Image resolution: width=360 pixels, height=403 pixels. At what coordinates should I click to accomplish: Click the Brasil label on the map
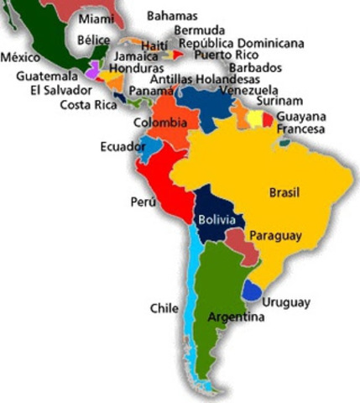point(284,192)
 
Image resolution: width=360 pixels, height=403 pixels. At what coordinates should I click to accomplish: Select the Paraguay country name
point(275,236)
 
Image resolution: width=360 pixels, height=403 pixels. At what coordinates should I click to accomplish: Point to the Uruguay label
point(285,302)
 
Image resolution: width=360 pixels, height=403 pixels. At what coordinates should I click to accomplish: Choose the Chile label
point(164,308)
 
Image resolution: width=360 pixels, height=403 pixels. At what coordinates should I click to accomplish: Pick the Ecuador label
point(118,145)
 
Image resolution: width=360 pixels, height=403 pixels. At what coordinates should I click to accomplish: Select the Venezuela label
point(248,90)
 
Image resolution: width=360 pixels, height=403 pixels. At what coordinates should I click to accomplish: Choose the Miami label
point(97,18)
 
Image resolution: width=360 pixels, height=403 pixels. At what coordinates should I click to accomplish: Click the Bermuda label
point(199,30)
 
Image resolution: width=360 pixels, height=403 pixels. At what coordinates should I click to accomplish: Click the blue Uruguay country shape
point(252,290)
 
